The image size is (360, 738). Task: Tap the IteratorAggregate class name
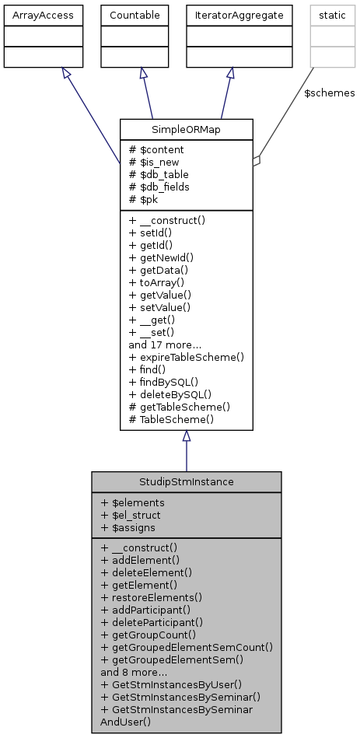(233, 15)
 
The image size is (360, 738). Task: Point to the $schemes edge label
(330, 93)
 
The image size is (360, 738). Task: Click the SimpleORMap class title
(186, 129)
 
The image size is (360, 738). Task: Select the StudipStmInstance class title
(186, 481)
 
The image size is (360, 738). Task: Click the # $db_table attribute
(159, 174)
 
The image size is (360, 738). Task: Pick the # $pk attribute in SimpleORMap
(145, 199)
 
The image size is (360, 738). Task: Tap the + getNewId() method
(161, 257)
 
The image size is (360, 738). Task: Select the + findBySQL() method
(163, 382)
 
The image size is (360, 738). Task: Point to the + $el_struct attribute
(131, 514)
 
